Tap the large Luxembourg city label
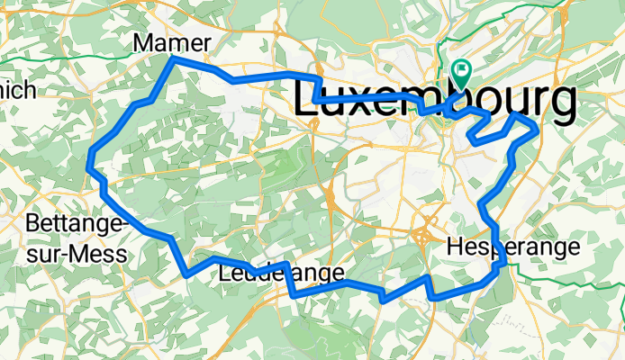coord(435,101)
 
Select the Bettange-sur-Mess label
coord(77,238)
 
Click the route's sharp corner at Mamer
coord(173,58)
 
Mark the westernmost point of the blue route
coord(88,164)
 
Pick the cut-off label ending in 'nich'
coord(18,90)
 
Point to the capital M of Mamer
coord(142,42)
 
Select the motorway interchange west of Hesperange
coord(422,236)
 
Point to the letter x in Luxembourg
coord(364,101)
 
